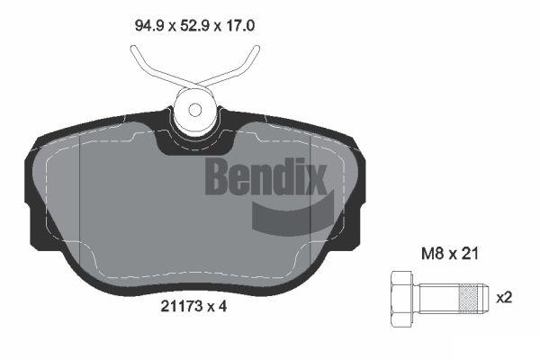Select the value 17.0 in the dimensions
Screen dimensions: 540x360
pyautogui.click(x=240, y=26)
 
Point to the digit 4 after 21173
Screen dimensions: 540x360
pyautogui.click(x=222, y=306)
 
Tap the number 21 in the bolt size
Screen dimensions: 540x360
pyautogui.click(x=470, y=254)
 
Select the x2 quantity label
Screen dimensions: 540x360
pyautogui.click(x=504, y=297)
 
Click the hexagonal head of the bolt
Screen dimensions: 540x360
pyautogui.click(x=402, y=298)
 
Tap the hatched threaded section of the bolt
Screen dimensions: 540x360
pyautogui.click(x=471, y=298)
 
